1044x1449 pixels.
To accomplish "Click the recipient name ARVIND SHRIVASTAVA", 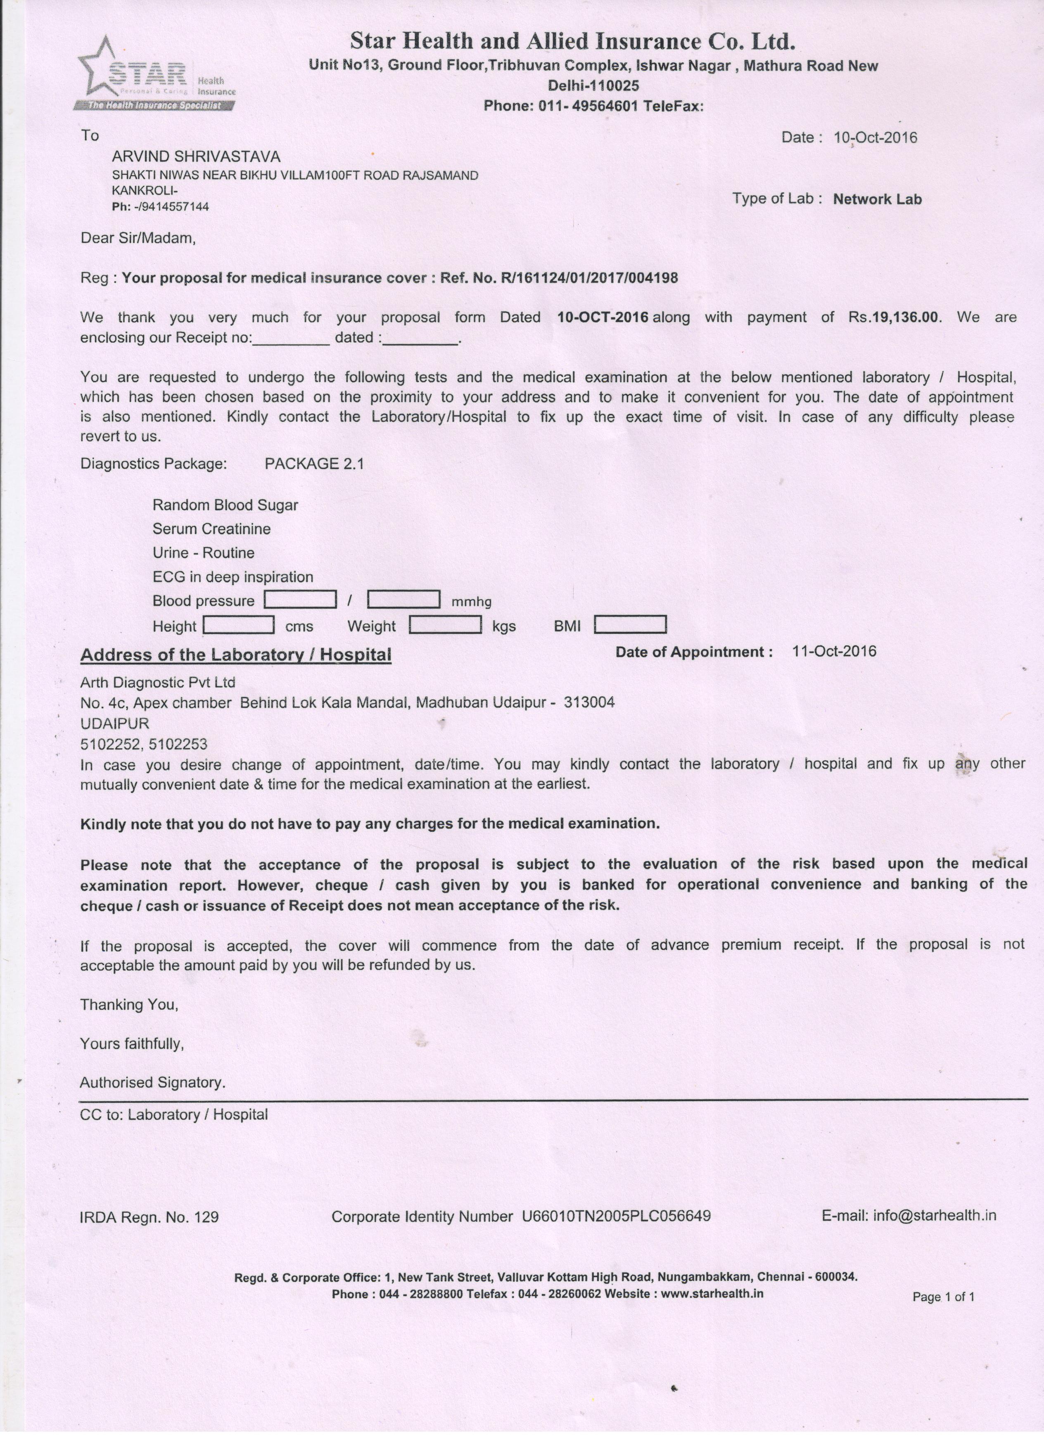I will tap(196, 157).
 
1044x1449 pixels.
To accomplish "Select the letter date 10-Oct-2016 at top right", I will tap(875, 137).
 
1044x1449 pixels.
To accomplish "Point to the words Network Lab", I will tap(877, 199).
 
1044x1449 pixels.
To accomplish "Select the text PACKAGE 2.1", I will tap(314, 464).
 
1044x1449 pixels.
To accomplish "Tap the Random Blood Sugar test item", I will tap(225, 505).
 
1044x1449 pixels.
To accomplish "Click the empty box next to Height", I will tap(239, 625).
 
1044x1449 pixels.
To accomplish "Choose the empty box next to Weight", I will tap(445, 625).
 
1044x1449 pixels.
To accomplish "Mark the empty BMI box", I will tap(630, 625).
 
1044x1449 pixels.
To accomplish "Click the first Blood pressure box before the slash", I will tap(300, 600).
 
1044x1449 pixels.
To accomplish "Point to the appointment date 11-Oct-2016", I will tap(834, 651).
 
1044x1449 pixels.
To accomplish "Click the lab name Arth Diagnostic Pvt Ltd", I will tap(158, 682).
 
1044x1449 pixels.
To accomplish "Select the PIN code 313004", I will tap(589, 703).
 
